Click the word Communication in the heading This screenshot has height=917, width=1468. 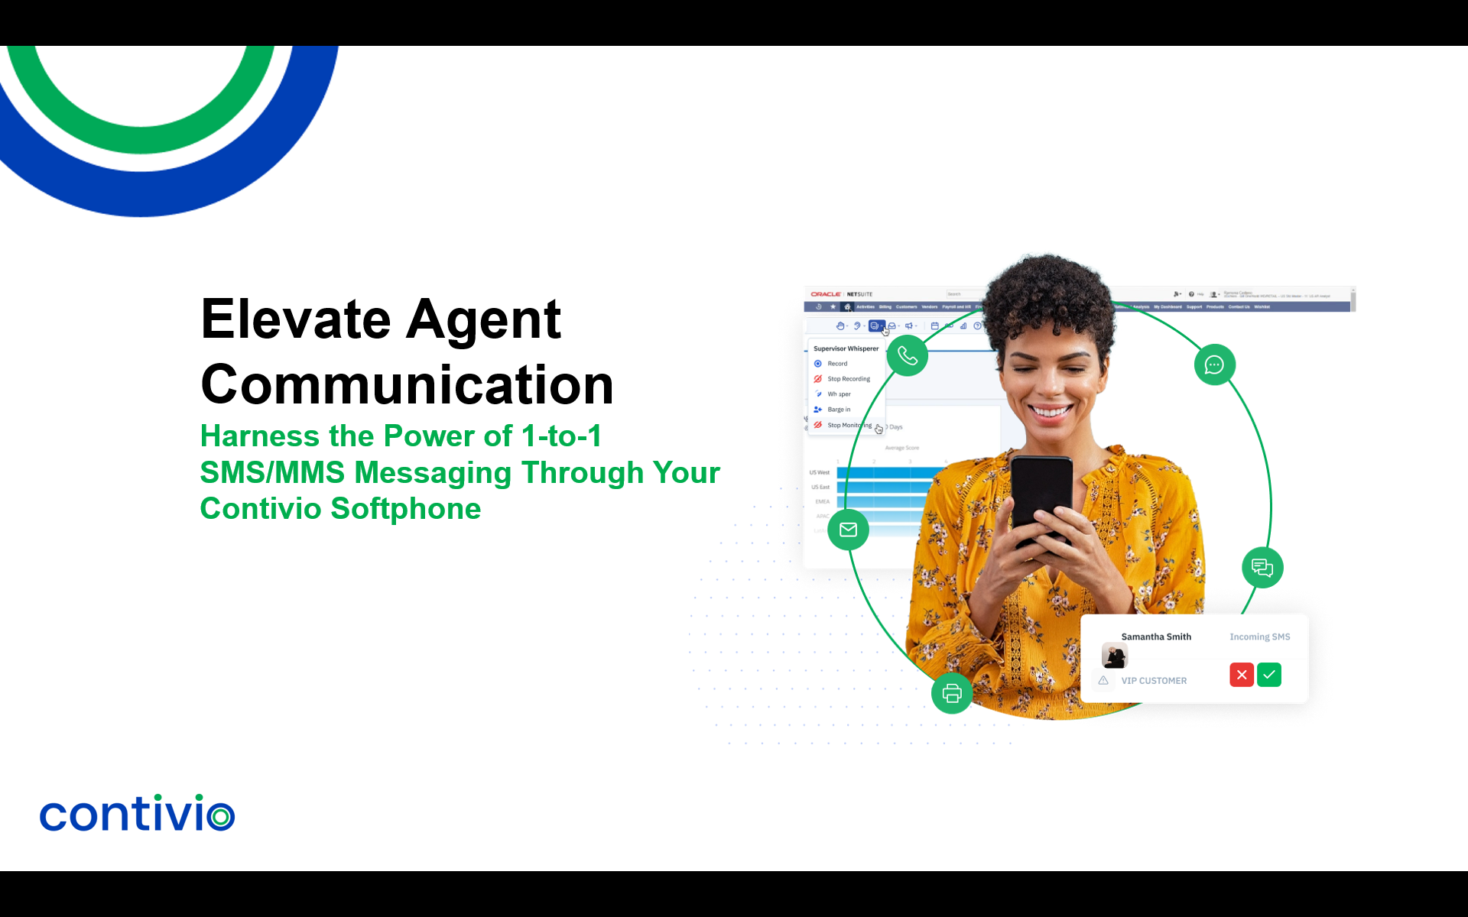[407, 384]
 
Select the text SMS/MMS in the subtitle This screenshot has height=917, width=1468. [272, 473]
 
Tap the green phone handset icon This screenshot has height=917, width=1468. [908, 356]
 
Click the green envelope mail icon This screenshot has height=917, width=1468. [848, 530]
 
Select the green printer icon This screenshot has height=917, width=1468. [952, 693]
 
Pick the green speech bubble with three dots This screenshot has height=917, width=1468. [1214, 365]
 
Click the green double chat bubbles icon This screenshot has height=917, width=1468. [1262, 568]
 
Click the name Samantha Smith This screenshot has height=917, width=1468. [1156, 637]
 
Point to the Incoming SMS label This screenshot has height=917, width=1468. [1259, 637]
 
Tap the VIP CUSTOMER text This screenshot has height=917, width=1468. [1154, 681]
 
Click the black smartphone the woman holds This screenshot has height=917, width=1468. [1041, 497]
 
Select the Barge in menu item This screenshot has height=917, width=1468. [839, 410]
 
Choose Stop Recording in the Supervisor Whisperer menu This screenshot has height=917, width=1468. [849, 379]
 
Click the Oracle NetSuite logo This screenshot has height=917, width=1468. [841, 294]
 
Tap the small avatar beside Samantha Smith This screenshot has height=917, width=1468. [1114, 656]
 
